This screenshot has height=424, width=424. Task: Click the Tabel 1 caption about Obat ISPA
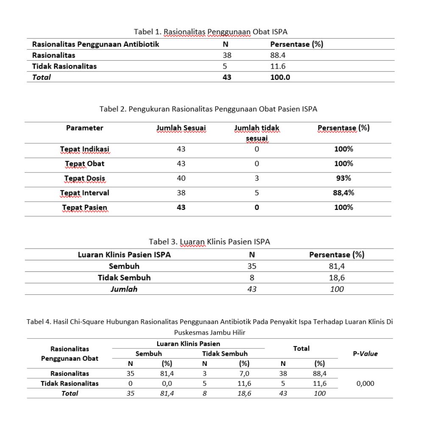point(211,32)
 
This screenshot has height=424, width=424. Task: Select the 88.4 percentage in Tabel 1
point(279,55)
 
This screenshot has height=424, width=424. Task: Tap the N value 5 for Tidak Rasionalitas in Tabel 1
point(225,66)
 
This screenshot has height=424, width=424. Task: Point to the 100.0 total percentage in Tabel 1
point(280,77)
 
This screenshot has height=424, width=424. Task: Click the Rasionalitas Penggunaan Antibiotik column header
point(95,44)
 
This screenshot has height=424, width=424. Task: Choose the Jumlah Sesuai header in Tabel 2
point(181,128)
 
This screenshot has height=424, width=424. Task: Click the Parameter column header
point(84,128)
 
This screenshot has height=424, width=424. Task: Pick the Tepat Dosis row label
point(84,178)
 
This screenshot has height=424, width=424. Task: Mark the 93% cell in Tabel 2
point(343,178)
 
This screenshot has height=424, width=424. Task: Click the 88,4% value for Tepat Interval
point(343,193)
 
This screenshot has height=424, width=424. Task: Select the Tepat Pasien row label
point(84,207)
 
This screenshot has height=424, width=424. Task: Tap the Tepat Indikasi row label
point(84,149)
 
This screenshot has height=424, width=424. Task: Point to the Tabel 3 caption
point(209,242)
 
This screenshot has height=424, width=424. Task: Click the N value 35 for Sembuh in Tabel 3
point(252,266)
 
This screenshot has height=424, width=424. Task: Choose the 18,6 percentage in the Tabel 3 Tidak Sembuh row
point(337,278)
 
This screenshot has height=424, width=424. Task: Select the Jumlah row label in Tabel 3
point(124,289)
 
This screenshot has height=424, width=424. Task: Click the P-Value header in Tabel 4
point(365,354)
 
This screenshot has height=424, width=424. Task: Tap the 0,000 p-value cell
point(365,383)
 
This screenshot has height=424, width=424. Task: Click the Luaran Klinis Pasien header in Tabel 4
point(188,343)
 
